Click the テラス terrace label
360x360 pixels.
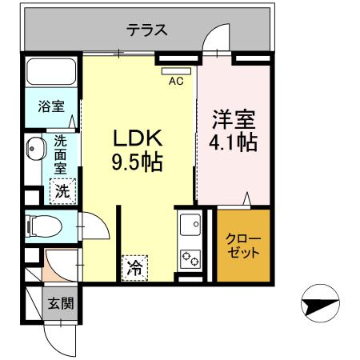click(x=147, y=30)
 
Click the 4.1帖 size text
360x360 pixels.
click(x=234, y=144)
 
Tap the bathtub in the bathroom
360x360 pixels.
click(x=50, y=74)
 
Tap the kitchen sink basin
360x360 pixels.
click(x=191, y=227)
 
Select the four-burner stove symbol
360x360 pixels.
click(x=191, y=258)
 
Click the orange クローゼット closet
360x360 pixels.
click(x=244, y=246)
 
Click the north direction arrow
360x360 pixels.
click(x=318, y=303)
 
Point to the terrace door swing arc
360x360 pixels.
click(x=214, y=38)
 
